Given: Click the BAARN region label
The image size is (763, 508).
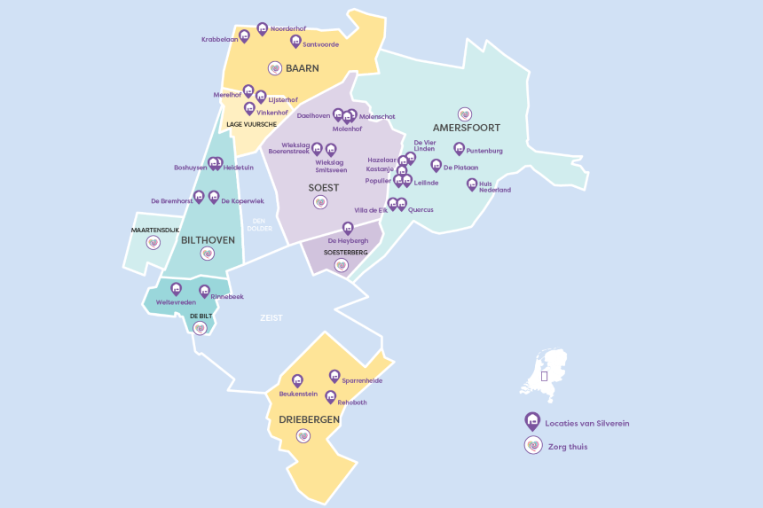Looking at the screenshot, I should click(x=303, y=67).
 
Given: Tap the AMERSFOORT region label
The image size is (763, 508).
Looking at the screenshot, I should click(x=466, y=128).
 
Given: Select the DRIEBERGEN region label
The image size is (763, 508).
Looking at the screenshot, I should click(x=303, y=418).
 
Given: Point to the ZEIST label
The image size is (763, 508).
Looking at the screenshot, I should click(x=271, y=317).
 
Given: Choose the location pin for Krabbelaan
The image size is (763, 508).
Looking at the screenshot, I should click(x=245, y=35).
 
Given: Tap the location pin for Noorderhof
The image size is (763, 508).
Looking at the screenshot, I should click(x=262, y=28).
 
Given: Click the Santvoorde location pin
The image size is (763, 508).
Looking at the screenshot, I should click(x=295, y=40).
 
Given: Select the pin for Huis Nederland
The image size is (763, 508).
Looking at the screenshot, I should click(x=472, y=184).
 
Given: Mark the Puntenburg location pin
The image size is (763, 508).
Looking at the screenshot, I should click(x=459, y=148).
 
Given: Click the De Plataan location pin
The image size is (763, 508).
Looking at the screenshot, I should click(x=436, y=165).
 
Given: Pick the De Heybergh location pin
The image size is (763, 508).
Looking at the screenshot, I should click(x=348, y=228).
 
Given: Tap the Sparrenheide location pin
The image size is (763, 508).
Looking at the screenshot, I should click(x=334, y=375).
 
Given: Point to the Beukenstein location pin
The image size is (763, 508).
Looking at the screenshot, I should click(x=297, y=380).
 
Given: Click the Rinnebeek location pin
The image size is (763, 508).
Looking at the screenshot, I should click(x=204, y=290).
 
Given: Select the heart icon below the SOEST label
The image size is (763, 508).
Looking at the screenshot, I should click(x=320, y=203).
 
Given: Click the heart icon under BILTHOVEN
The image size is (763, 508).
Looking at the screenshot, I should click(x=208, y=254).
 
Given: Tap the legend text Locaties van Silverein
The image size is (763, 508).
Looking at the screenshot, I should click(x=586, y=424).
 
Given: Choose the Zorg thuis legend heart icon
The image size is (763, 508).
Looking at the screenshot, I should click(x=532, y=446).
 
